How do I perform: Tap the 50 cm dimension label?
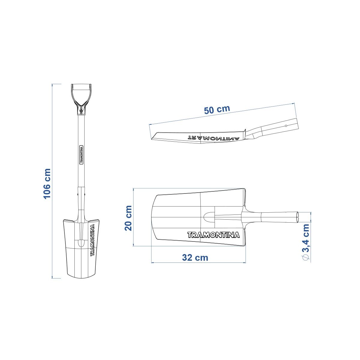point(217,109)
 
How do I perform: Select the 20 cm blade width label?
point(128,218)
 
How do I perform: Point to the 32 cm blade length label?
point(195,258)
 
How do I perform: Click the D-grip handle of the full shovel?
point(81,99)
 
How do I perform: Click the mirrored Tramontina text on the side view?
point(213,138)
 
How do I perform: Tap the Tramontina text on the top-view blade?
point(214,235)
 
